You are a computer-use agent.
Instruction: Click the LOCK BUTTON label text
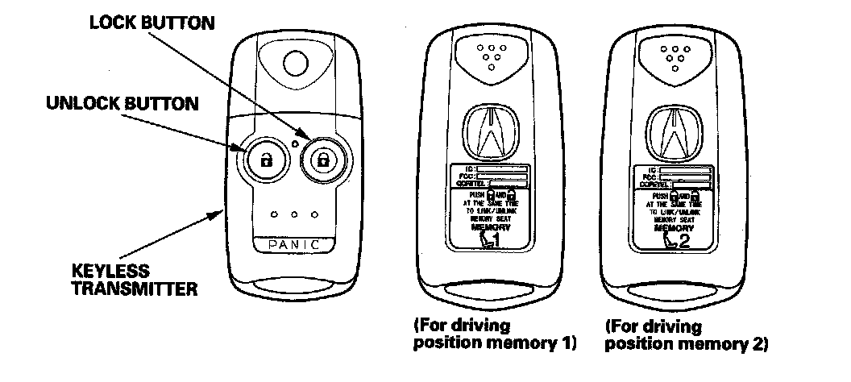point(152,23)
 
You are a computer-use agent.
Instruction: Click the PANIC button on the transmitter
point(294,243)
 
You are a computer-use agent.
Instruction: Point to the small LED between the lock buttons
point(296,143)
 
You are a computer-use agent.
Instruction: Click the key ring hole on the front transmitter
point(297,62)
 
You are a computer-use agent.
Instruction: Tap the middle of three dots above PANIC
point(294,215)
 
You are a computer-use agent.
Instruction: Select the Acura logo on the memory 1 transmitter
point(488,133)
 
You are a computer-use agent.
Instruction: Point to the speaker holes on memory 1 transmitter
point(488,55)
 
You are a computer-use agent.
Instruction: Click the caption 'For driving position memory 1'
point(494,335)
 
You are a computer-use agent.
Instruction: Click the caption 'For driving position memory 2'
point(686,335)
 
